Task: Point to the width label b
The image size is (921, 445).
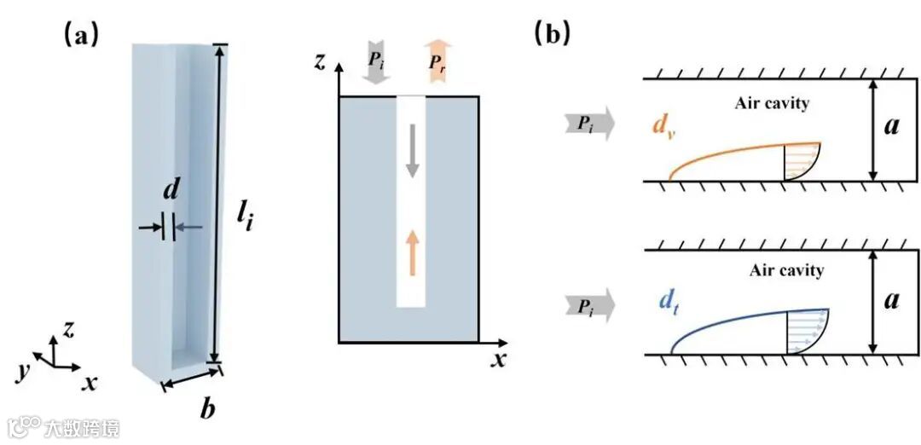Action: (206, 409)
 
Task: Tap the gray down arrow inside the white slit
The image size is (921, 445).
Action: (411, 150)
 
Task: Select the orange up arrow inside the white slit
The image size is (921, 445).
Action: (411, 251)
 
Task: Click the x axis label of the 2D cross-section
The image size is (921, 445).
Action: (499, 359)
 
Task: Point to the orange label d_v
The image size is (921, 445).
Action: (663, 128)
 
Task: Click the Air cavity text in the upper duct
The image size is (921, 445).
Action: (771, 104)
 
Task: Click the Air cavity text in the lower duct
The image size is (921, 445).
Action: (785, 271)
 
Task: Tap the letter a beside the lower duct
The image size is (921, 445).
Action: (891, 303)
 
